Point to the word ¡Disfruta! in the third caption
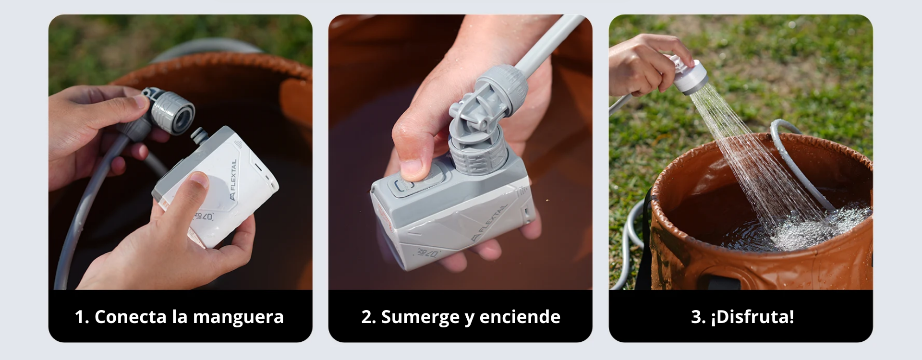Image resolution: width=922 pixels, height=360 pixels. (752, 317)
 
